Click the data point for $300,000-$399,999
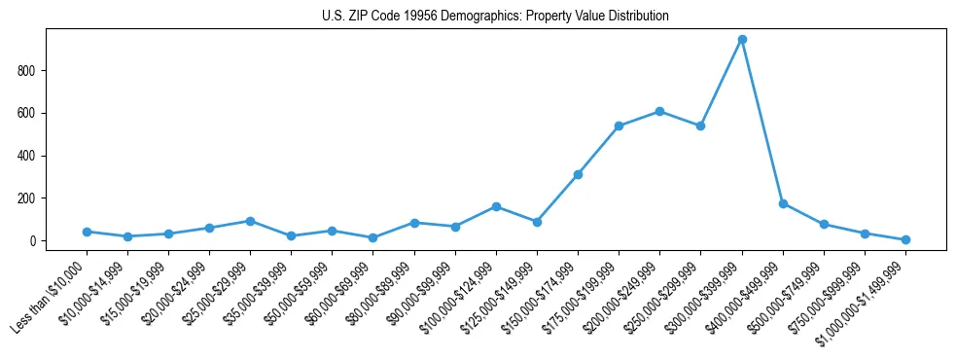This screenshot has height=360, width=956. (742, 39)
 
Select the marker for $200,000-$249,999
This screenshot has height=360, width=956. (659, 111)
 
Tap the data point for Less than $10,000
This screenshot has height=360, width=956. (87, 232)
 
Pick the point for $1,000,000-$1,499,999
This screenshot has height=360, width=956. (905, 239)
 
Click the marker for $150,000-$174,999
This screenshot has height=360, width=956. (578, 174)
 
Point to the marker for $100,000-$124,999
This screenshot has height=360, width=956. (496, 206)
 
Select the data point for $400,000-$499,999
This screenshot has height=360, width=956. (783, 203)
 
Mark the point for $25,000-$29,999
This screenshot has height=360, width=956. (250, 221)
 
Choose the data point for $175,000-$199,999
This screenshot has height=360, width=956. (619, 126)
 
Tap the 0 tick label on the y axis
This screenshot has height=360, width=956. (32, 241)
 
